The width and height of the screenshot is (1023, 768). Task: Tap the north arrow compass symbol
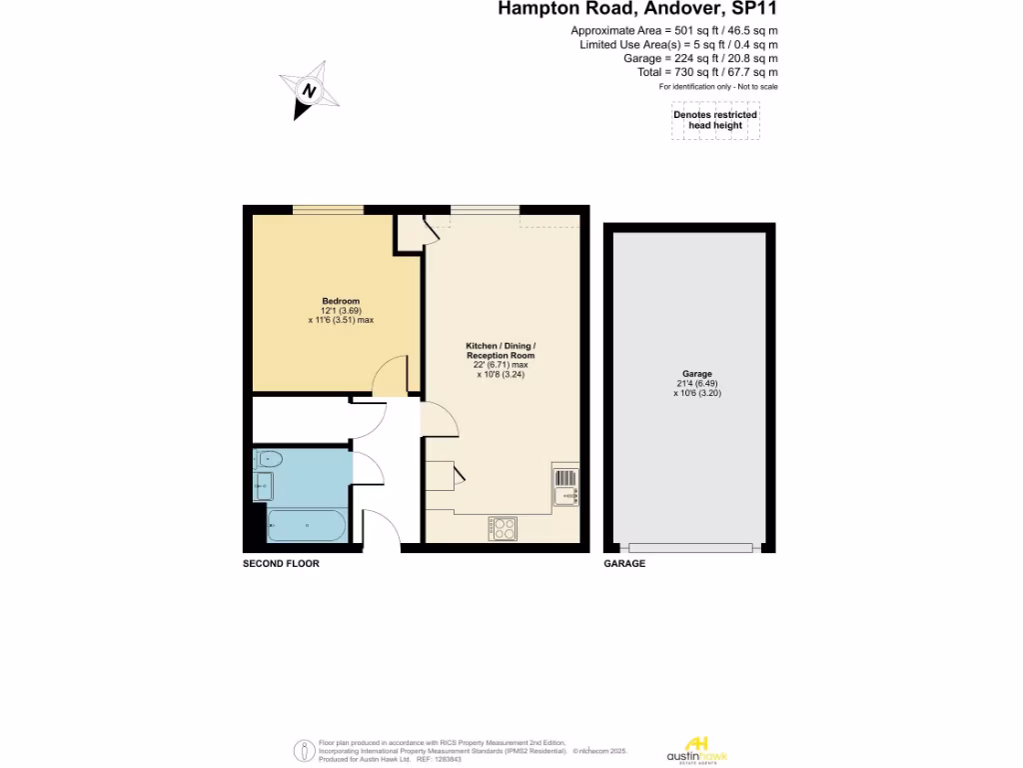coord(312,89)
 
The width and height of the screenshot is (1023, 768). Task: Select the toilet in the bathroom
coord(269,460)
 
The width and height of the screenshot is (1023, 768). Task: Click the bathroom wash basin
coord(263,487)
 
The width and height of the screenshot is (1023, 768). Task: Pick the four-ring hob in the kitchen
coord(503,528)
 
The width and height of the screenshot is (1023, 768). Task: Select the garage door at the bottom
coord(689,547)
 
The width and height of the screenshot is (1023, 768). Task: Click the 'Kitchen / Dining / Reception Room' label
coord(501,351)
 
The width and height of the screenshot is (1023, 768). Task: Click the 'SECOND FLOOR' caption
coord(282,564)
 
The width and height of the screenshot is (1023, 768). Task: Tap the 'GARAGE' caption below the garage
coord(624,564)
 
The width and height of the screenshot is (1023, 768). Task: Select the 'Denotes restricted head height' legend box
coord(715,121)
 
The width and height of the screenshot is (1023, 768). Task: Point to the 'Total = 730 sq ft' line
coord(707,72)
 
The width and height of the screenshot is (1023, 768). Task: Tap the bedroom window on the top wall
coord(328,210)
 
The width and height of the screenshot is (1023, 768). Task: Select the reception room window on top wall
coord(485,210)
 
